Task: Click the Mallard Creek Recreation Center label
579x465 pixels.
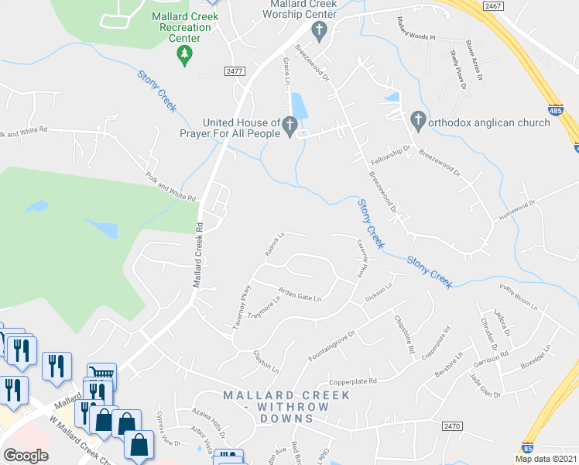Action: pyautogui.click(x=182, y=27)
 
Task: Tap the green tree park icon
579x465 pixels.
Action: pyautogui.click(x=183, y=53)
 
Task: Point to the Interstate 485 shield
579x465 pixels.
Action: pyautogui.click(x=555, y=111)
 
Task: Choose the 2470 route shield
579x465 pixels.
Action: pyautogui.click(x=454, y=425)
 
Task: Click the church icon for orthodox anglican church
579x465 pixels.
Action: pyautogui.click(x=418, y=119)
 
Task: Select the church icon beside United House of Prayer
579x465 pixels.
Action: pyautogui.click(x=289, y=124)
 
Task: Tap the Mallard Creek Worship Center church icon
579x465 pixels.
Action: pyautogui.click(x=318, y=31)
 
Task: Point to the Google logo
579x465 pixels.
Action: pyautogui.click(x=26, y=456)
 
